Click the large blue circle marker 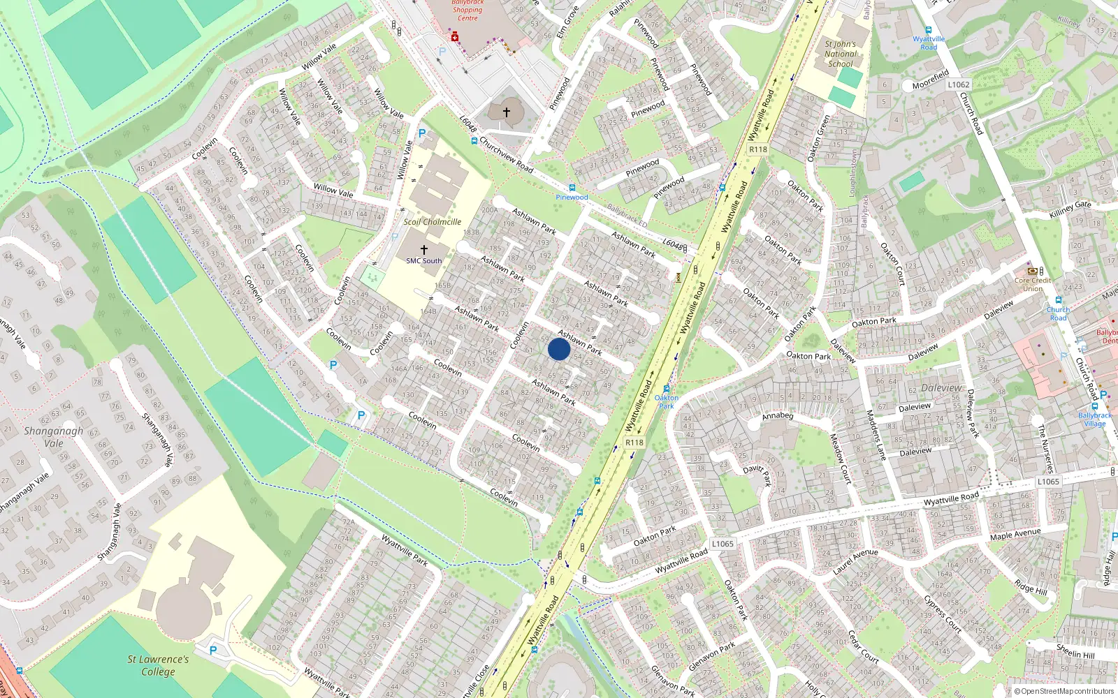pos(559,349)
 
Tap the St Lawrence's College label pos(158,665)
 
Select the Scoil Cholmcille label pos(433,222)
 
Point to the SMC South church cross pos(423,249)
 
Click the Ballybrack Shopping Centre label pos(467,10)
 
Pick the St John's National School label pos(840,54)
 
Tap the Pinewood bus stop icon pos(572,188)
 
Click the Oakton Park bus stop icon pos(667,389)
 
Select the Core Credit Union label pos(1033,284)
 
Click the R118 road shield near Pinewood pos(757,149)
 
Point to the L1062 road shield pos(959,84)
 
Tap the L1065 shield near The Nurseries pos(1048,482)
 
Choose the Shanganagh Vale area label pos(53,437)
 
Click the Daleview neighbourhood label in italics pos(941,388)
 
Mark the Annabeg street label pos(778,416)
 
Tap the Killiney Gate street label pos(1070,209)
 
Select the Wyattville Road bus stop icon pos(929,31)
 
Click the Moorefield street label pos(930,80)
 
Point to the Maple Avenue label pos(1015,534)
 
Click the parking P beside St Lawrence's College pos(213,650)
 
